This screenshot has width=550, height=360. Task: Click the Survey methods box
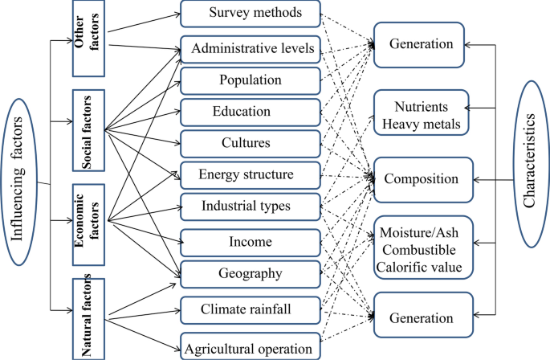250,13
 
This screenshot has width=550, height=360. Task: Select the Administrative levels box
250,48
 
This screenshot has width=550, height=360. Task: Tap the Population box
250,80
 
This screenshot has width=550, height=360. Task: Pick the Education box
250,112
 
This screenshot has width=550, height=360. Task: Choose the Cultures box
250,143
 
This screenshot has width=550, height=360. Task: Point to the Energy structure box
250,174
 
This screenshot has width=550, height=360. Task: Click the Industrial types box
250,207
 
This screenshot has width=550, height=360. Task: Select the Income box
250,242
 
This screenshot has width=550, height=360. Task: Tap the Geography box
250,274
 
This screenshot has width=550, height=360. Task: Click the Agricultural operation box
250,348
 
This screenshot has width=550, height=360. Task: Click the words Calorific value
423,263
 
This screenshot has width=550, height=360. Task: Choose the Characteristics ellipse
529,178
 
